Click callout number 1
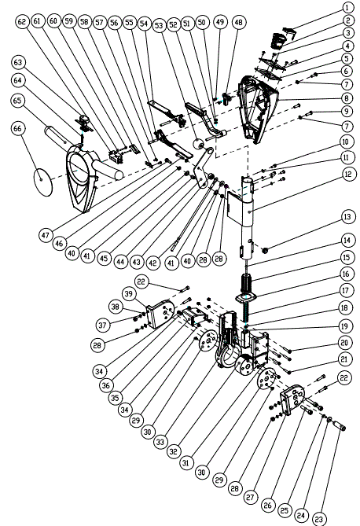(348, 7)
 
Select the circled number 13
(347, 217)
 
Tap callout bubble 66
(18, 128)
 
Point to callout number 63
(18, 62)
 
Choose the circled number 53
(159, 25)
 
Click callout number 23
(318, 520)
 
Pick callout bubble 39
(128, 294)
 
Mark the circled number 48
(238, 23)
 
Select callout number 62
(22, 22)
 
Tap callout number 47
(46, 235)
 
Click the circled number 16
(346, 274)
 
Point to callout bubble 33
(160, 442)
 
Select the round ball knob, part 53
(198, 144)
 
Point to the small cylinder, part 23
(340, 425)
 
